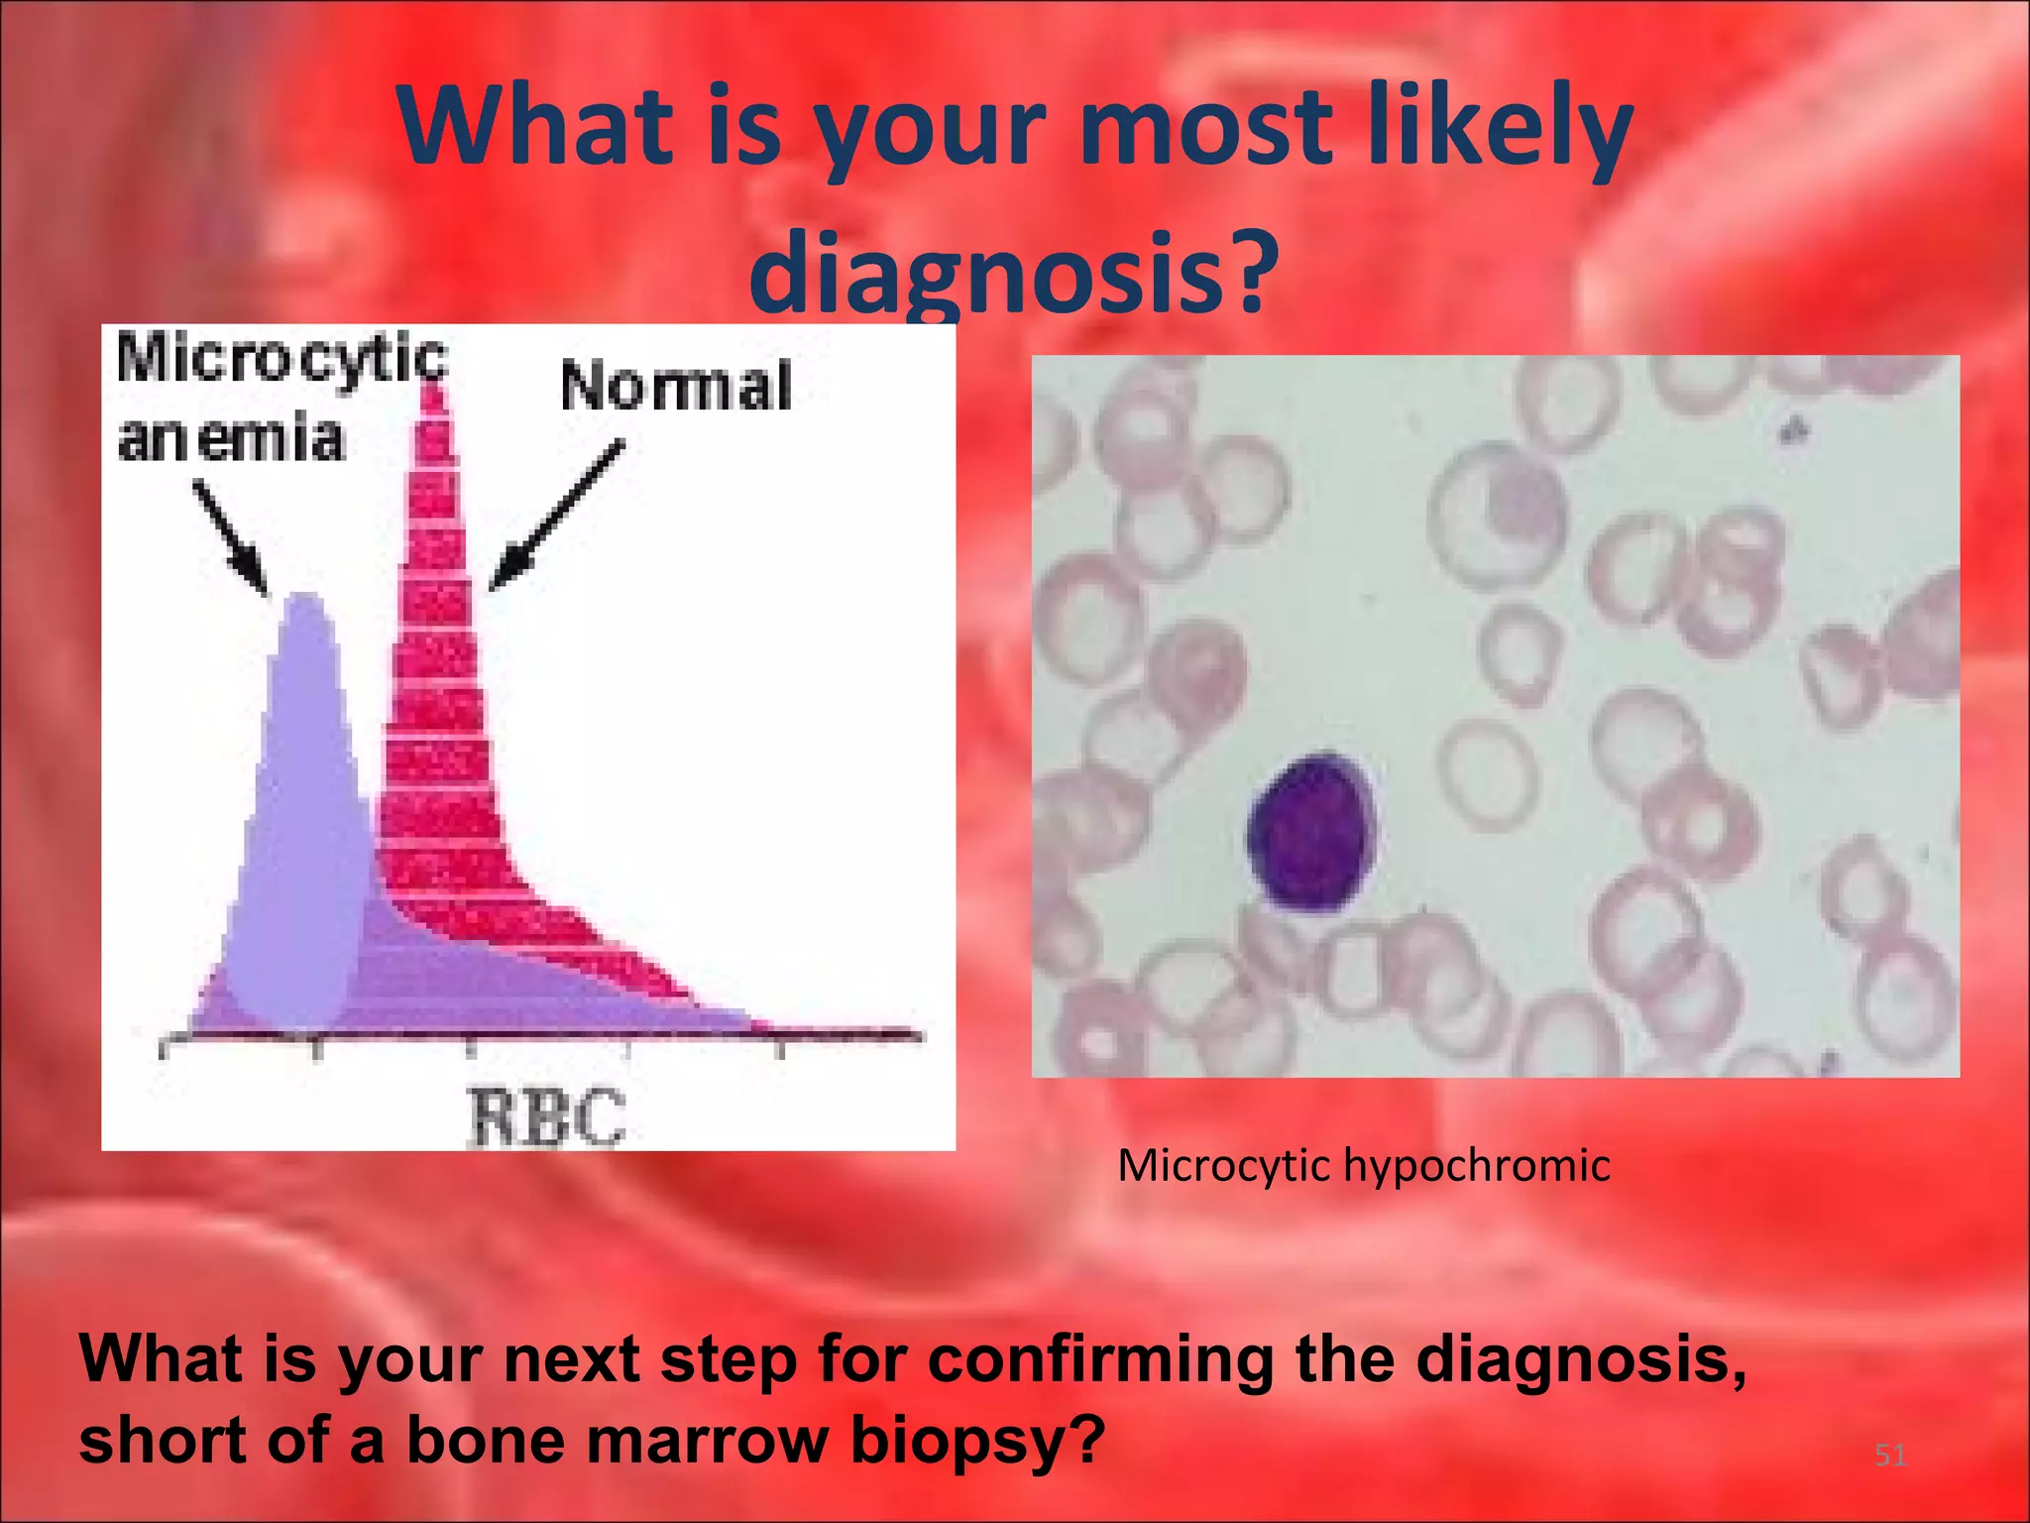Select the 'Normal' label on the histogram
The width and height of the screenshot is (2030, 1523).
676,387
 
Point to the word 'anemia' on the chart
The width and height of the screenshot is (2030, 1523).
230,439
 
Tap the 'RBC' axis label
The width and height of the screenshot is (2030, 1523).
547,1116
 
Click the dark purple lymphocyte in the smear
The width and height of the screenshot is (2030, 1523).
1311,834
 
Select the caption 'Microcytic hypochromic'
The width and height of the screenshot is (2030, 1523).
1363,1165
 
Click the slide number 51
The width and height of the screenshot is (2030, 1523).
1889,1456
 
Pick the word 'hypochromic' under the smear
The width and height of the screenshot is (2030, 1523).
1476,1166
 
